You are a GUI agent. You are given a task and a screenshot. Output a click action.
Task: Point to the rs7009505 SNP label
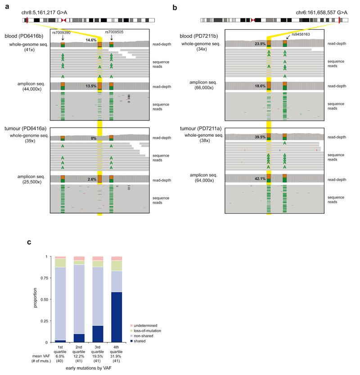coord(114,32)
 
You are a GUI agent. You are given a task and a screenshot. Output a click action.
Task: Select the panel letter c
coord(29,243)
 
